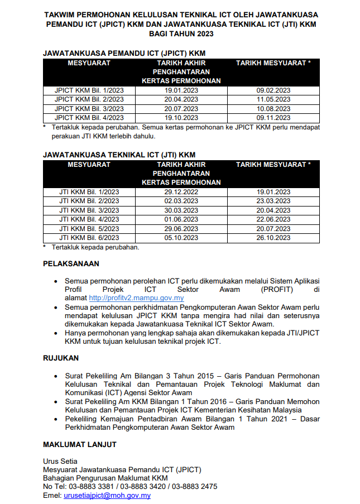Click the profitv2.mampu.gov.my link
pos(136,298)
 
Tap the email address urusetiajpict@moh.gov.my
pos(107,495)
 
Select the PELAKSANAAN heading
pos(71,263)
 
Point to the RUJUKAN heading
pos(61,358)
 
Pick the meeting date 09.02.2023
pos(273,90)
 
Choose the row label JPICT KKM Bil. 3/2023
pos(89,108)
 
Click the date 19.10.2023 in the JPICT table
pos(181,118)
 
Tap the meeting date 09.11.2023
pos(273,118)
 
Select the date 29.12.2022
pos(181,192)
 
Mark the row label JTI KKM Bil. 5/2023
pos(89,229)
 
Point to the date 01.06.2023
pos(181,219)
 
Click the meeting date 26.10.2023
pos(273,238)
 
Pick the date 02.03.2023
pos(181,201)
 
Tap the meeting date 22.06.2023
pos(273,219)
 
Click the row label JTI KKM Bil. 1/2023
pos(89,192)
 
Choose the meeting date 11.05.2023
pos(273,99)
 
